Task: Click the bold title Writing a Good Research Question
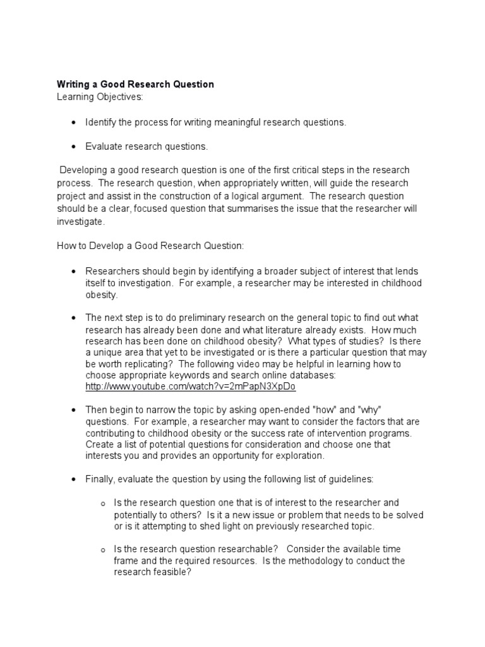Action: [135, 84]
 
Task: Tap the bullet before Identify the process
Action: [75, 123]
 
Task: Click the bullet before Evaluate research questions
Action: [75, 147]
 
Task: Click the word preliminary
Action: [200, 318]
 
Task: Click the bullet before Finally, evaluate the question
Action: [75, 480]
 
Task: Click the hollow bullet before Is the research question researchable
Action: [103, 551]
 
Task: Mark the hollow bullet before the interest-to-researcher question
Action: [103, 504]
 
